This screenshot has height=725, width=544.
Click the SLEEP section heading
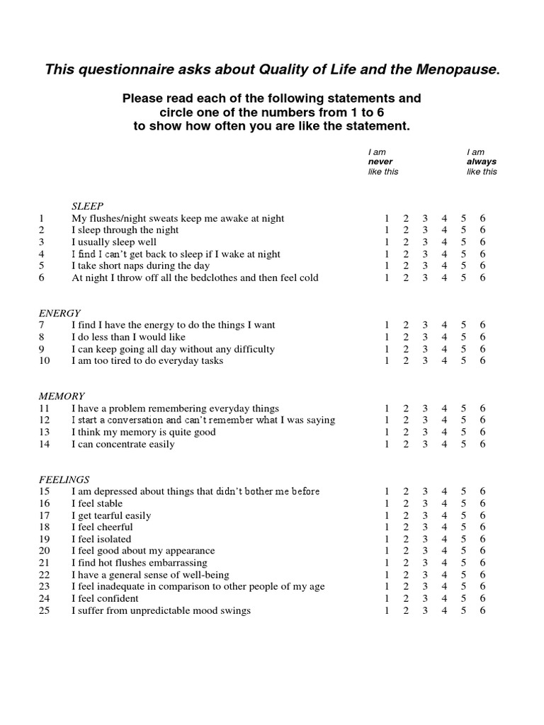point(87,206)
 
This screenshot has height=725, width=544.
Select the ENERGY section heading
point(59,313)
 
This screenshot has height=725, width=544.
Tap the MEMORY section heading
point(62,396)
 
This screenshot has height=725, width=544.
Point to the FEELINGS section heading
point(64,479)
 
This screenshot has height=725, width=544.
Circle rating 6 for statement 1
point(482,218)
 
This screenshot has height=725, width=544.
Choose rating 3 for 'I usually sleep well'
point(425,242)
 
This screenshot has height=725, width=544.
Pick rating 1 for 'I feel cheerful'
point(387,527)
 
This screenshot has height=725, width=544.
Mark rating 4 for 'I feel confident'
point(444,599)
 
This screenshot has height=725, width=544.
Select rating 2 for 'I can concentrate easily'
point(406,444)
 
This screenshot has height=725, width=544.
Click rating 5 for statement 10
point(463,360)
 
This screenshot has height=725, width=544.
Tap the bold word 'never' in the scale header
point(380,162)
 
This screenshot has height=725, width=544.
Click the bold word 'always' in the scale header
point(481,162)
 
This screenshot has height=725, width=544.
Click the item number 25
point(44,611)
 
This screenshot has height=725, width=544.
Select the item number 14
point(44,444)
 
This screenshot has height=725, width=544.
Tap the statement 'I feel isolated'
point(101,540)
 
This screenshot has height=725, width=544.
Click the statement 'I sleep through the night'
point(125,230)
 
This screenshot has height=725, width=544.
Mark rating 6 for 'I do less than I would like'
point(482,337)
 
